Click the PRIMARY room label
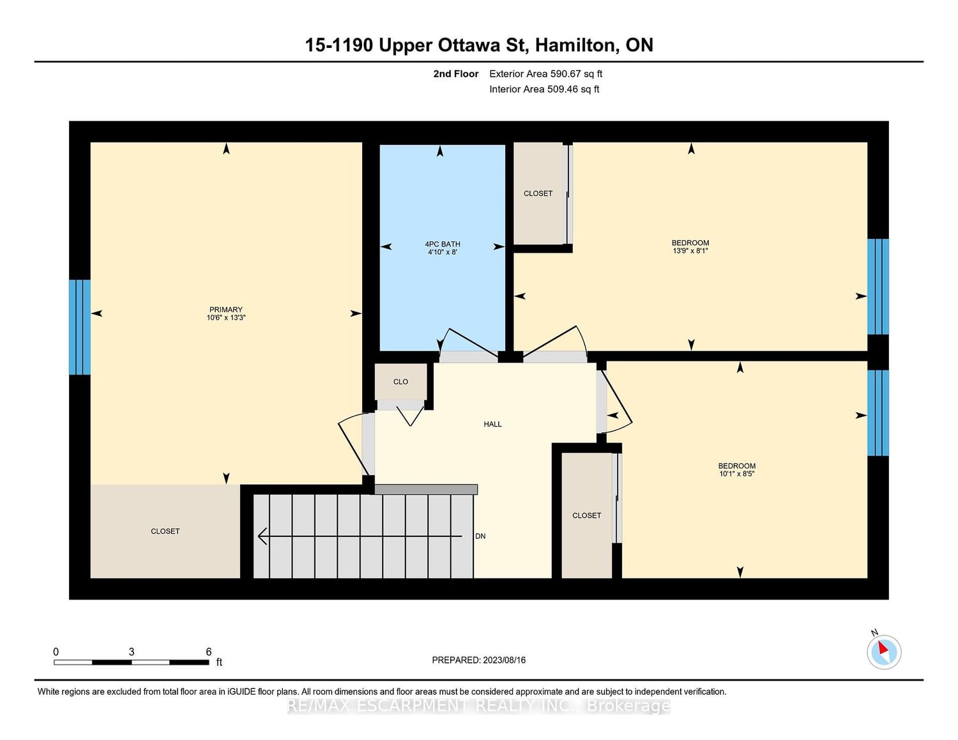[x=225, y=310]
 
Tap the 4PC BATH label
[x=442, y=244]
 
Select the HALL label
[x=492, y=424]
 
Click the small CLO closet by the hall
[x=400, y=382]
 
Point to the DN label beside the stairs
[x=480, y=536]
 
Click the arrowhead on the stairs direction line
[x=262, y=536]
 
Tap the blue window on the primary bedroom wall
[x=80, y=327]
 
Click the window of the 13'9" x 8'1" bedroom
[x=878, y=287]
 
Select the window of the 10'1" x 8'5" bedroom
[x=878, y=412]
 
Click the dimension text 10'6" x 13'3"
[x=225, y=317]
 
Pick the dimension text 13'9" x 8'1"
[x=690, y=251]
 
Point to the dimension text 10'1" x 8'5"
[x=736, y=474]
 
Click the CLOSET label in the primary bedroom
[x=165, y=531]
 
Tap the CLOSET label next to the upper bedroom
[x=538, y=193]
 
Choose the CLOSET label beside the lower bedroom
[x=586, y=515]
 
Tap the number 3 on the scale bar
[x=132, y=652]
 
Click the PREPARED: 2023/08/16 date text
[x=479, y=660]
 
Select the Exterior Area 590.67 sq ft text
[x=545, y=73]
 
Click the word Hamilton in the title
[x=575, y=45]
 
